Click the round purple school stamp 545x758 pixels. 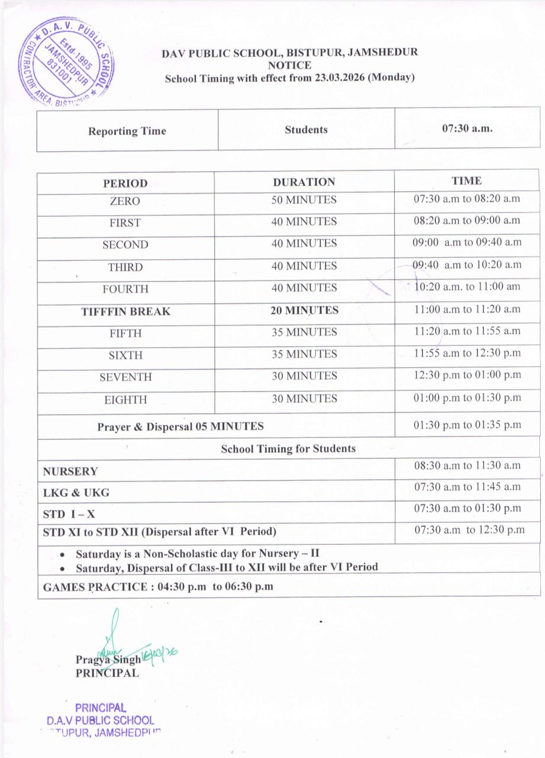66,62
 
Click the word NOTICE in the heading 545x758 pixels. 289,65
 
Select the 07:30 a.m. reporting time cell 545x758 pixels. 467,128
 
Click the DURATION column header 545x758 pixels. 304,182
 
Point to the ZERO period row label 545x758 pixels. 125,201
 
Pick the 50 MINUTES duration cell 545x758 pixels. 304,200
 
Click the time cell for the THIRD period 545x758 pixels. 467,265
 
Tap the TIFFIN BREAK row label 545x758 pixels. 125,311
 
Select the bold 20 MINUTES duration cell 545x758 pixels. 304,310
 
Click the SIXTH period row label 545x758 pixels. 125,355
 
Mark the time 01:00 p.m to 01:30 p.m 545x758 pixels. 467,397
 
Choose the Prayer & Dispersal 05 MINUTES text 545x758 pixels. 180,426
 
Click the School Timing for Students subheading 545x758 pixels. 288,449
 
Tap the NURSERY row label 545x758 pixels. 70,471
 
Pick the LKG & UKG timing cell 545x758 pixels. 467,487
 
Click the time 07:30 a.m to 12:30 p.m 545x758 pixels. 469,530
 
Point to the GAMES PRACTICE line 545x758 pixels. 158,587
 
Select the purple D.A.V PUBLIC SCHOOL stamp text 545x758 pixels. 100,721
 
